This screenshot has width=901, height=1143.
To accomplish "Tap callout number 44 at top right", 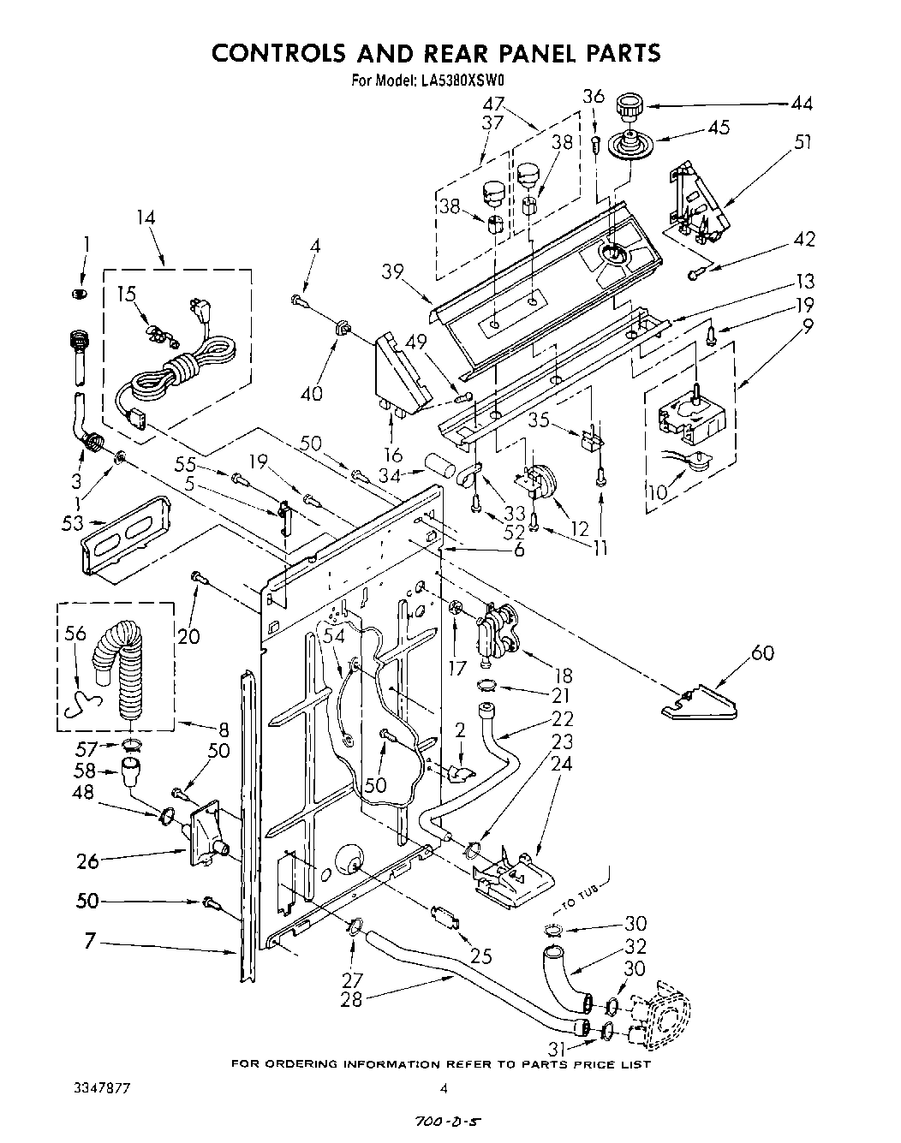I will click(x=802, y=104).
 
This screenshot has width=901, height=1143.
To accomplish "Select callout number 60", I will click(x=761, y=652).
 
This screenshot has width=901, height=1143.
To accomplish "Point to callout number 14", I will click(x=145, y=217).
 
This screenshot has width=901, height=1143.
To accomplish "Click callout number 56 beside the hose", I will click(x=75, y=634).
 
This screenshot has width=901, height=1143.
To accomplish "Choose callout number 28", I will click(x=351, y=997).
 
